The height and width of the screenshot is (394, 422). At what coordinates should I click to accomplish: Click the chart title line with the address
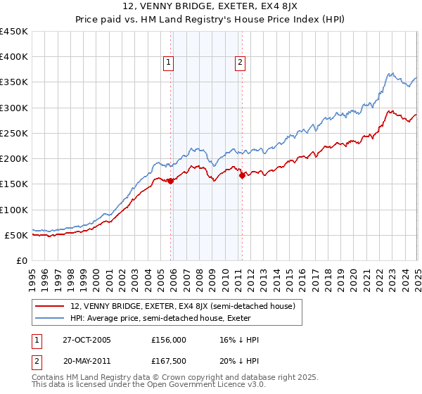click(x=211, y=6)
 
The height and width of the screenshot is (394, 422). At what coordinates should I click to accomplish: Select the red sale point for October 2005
click(x=170, y=182)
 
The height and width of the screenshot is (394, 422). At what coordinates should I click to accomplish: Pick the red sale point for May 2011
click(x=242, y=176)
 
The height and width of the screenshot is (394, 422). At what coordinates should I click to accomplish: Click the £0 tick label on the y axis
click(x=20, y=260)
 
